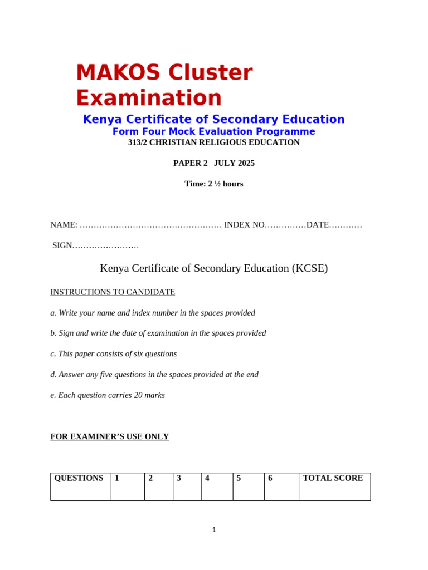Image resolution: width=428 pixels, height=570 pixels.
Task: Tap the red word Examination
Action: click(149, 98)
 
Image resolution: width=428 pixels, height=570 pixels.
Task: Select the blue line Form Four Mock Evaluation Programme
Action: click(214, 131)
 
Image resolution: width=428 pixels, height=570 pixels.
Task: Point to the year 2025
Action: click(245, 163)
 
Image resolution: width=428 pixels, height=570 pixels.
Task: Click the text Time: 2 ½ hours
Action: click(214, 184)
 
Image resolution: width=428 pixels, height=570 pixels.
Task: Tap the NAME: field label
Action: click(64, 225)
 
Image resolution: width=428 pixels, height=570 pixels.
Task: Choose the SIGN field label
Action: click(62, 245)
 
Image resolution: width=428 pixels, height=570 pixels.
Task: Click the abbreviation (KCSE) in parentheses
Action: click(310, 268)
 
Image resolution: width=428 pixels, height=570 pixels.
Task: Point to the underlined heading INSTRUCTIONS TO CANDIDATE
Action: click(113, 292)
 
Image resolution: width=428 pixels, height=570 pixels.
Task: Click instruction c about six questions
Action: click(114, 354)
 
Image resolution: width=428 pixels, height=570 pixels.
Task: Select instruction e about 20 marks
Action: click(108, 395)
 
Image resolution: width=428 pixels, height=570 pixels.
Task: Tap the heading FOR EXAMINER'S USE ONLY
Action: click(110, 437)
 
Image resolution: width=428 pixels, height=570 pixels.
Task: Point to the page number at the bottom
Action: click(214, 530)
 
